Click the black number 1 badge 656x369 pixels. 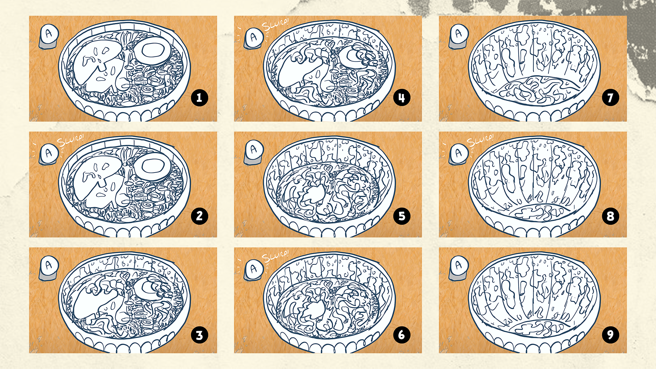pos(199,98)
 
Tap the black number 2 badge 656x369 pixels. pos(199,216)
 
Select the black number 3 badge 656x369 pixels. pos(199,335)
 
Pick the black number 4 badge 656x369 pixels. pos(402,98)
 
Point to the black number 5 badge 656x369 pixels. pos(402,216)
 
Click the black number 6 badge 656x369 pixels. pos(402,335)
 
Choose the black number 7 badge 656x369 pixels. pos(610,98)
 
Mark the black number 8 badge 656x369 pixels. pos(610,216)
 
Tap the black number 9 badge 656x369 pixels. pos(610,335)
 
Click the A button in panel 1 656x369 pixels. pos(49,36)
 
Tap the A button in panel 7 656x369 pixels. pos(459,36)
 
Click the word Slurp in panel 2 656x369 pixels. pos(70,141)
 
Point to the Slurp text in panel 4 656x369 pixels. pos(275,25)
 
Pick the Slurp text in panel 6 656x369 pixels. pos(275,256)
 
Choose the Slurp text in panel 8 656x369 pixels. pos(480,140)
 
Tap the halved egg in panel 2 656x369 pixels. pos(152,166)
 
